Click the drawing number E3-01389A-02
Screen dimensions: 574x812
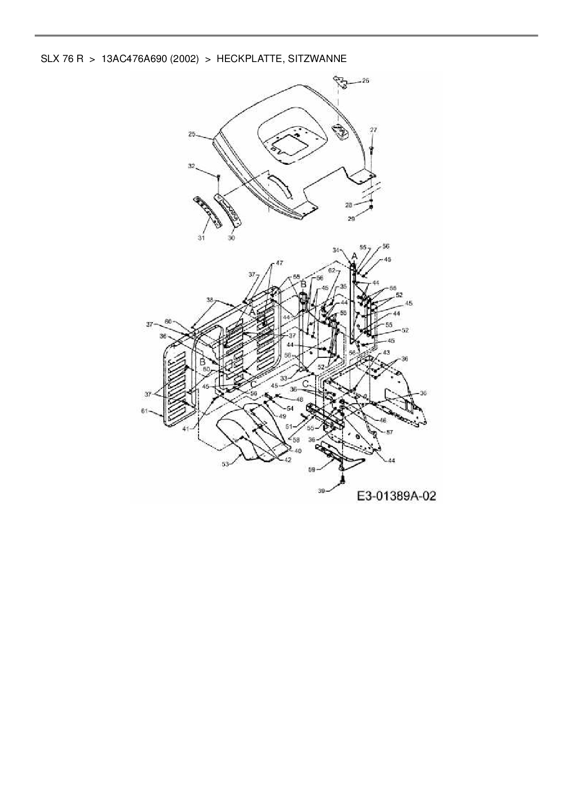[396, 496]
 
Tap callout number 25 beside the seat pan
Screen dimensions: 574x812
[192, 134]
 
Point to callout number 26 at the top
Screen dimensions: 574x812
[365, 81]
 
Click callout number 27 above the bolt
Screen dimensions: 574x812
[374, 131]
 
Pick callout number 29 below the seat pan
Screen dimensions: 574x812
[351, 219]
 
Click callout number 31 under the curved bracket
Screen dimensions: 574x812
[201, 238]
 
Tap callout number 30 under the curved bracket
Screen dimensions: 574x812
[231, 238]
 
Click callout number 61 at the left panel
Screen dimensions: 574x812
[144, 411]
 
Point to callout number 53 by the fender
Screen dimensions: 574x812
[225, 464]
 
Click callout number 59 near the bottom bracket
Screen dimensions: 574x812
[312, 469]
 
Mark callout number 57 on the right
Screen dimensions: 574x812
[389, 432]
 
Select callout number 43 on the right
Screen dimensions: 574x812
[387, 353]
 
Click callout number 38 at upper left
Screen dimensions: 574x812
[210, 300]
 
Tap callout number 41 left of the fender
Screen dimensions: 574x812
[186, 429]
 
